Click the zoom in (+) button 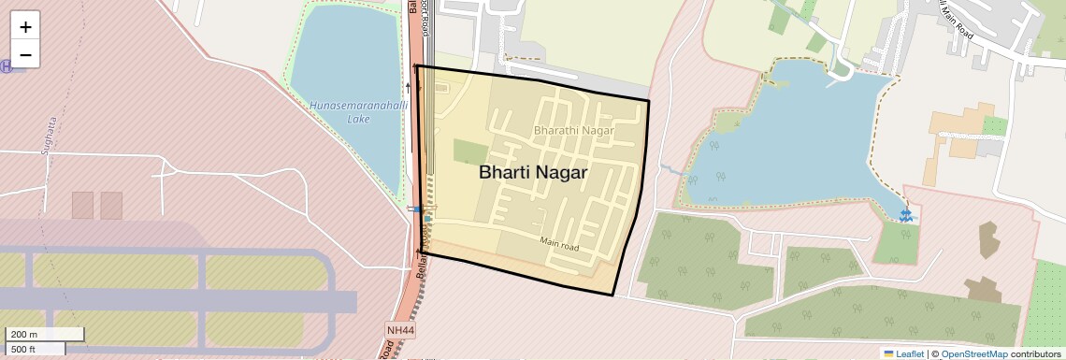click(x=25, y=27)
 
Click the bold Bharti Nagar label click(x=533, y=173)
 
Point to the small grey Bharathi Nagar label click(x=573, y=131)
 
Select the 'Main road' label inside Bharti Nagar click(x=559, y=245)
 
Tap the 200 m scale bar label click(x=26, y=335)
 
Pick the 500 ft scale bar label click(x=24, y=349)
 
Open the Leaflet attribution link click(x=910, y=353)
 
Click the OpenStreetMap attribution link click(x=973, y=353)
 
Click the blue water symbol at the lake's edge click(x=905, y=216)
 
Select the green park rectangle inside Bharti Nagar click(x=469, y=151)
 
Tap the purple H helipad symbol click(x=7, y=65)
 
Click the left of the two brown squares click(x=83, y=205)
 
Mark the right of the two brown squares click(x=111, y=205)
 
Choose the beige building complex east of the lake click(x=959, y=136)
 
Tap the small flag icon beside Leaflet click(x=887, y=353)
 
